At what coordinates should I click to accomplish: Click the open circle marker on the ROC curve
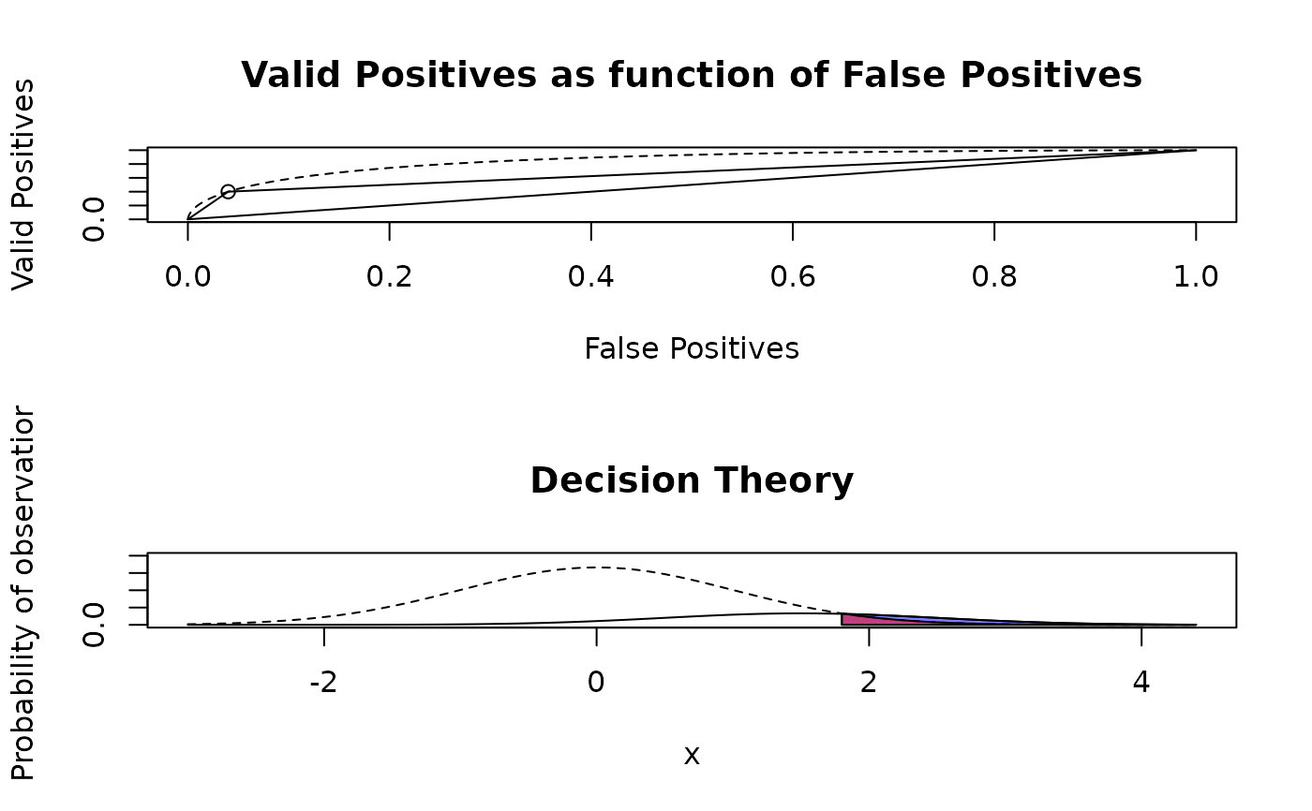coord(228,191)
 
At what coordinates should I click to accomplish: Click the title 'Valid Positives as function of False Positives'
coord(692,75)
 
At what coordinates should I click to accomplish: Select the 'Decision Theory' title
coord(692,480)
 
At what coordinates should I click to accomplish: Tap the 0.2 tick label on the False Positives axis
coord(389,276)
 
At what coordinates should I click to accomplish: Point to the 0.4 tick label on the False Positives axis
coord(590,276)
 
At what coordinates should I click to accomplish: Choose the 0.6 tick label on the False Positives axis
coord(793,276)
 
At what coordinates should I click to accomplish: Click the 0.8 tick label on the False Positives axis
coord(994,276)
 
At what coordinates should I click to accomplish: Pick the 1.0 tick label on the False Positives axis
coord(1196,276)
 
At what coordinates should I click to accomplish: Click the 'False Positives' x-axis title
coord(692,348)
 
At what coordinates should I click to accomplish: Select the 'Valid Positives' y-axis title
coord(23,184)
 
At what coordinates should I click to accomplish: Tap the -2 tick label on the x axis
coord(323,682)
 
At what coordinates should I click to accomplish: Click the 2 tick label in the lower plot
coord(869,682)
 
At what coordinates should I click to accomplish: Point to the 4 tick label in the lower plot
coord(1141,682)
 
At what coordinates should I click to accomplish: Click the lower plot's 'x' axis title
coord(692,755)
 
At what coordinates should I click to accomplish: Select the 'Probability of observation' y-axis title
coord(23,593)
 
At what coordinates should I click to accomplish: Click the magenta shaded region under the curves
coord(857,620)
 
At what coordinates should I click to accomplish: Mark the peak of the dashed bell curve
coord(597,567)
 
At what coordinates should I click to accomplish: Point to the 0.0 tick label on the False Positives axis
coord(187,276)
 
